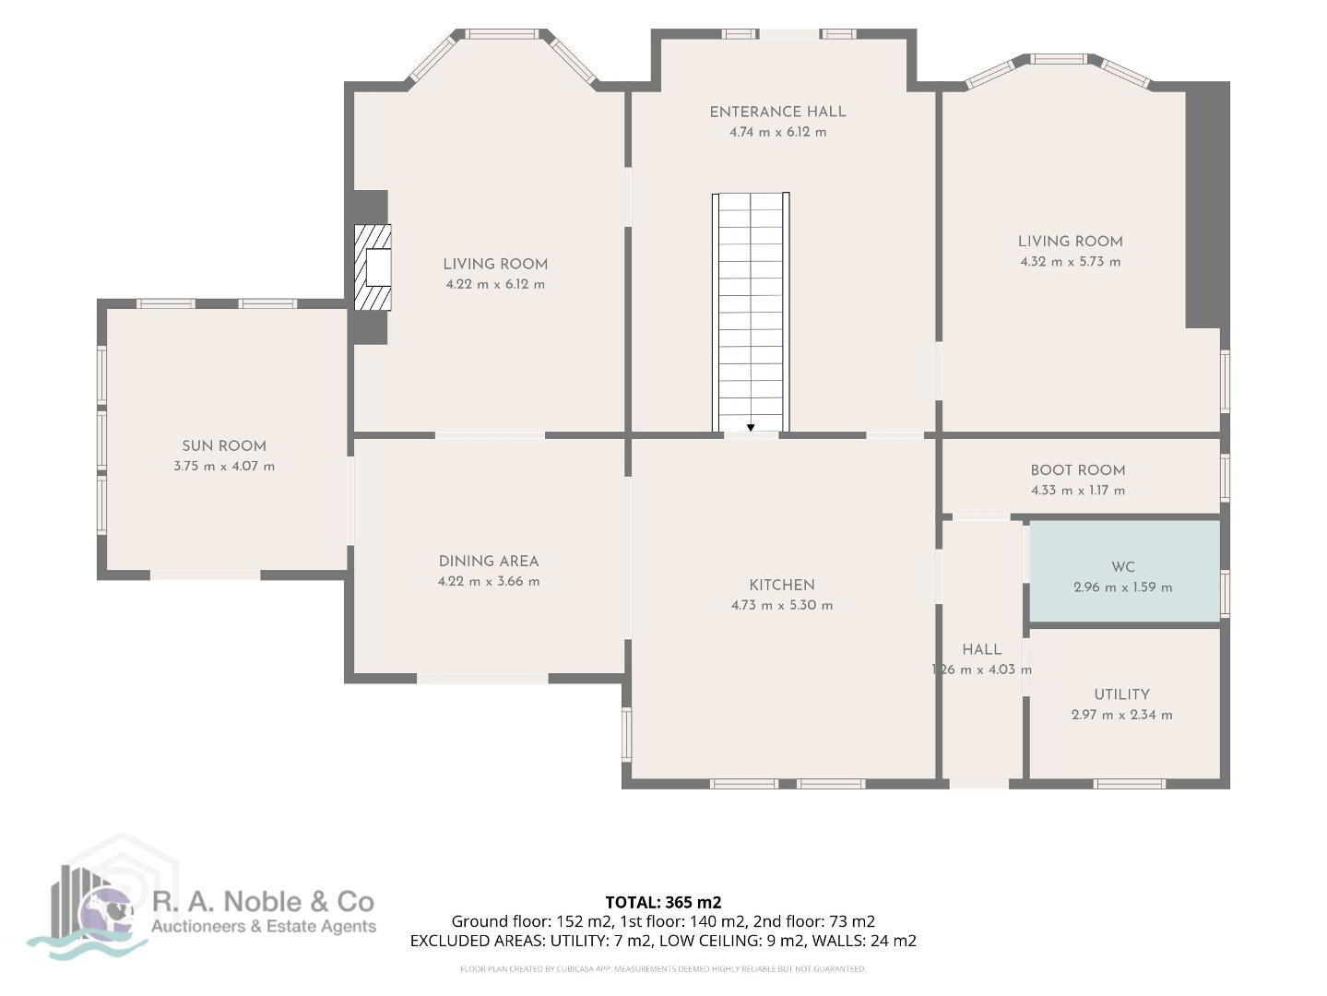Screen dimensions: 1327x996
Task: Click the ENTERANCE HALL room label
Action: point(777,112)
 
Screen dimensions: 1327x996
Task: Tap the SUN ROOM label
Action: point(224,446)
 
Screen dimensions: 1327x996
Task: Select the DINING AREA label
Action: point(489,562)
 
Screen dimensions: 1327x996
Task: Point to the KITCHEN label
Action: point(782,585)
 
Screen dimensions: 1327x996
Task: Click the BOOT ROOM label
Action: point(1078,470)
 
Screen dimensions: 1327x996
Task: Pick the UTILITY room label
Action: point(1121,694)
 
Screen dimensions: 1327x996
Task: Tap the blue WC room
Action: point(1124,571)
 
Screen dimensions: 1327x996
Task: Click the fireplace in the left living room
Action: point(373,267)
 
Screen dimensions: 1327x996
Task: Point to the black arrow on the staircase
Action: point(751,427)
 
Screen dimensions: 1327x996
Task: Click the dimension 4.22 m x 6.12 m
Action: point(495,284)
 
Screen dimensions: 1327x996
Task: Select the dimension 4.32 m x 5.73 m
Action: point(1070,262)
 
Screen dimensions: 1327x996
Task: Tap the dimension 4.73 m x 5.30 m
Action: point(782,605)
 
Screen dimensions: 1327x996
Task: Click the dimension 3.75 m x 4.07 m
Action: point(224,466)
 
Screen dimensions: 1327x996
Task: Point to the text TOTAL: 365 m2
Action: point(663,902)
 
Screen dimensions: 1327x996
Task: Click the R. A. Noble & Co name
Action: point(263,902)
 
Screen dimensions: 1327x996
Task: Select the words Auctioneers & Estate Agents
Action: point(264,927)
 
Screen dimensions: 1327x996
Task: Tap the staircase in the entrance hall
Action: point(751,313)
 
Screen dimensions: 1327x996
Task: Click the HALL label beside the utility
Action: point(982,649)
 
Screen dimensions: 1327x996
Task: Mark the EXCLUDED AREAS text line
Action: point(663,941)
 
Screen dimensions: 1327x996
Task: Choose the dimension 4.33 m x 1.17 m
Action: point(1078,490)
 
